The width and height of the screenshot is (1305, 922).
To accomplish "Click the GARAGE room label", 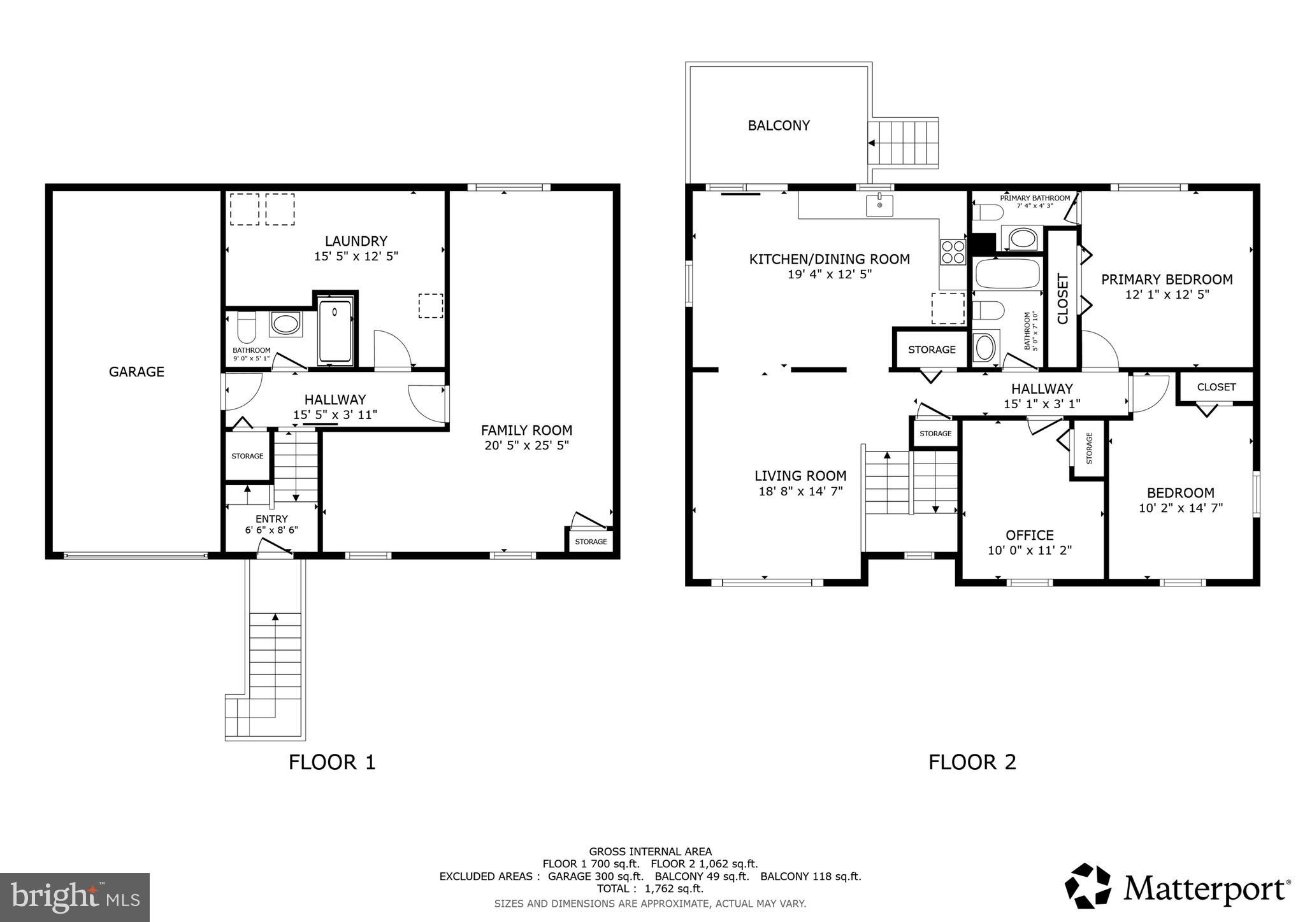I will point(136,371).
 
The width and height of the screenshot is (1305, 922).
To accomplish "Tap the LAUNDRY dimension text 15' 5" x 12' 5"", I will point(356,256).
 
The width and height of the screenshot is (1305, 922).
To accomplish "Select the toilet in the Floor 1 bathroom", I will point(246,327).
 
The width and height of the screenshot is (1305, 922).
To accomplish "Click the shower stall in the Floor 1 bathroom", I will point(335,331).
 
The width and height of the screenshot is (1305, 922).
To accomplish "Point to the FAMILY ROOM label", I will point(526,430).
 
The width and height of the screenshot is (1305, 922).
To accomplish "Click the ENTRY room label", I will point(271,518).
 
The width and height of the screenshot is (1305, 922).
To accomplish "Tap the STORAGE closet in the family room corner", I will point(591,541).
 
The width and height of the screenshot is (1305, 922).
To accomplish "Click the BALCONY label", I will point(779,125).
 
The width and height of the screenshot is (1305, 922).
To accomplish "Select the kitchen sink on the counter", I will point(879,206).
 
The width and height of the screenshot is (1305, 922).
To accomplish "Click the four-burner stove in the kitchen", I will point(953,252).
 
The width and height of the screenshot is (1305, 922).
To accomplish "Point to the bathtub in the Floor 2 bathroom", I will point(1007,274).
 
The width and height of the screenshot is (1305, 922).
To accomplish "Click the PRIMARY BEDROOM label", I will point(1167,279).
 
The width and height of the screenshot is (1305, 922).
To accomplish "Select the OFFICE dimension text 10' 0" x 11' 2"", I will point(1030,550).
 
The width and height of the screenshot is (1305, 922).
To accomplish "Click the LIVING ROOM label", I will point(800,476).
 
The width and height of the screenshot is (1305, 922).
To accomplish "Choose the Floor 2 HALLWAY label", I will point(1042,388).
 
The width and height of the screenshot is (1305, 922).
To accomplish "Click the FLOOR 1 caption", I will point(332,762).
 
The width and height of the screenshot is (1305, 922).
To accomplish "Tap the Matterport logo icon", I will point(1088,886).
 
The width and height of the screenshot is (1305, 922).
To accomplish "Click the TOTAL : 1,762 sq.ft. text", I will point(650,888).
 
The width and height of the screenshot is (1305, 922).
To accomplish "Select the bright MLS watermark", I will point(75,897).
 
